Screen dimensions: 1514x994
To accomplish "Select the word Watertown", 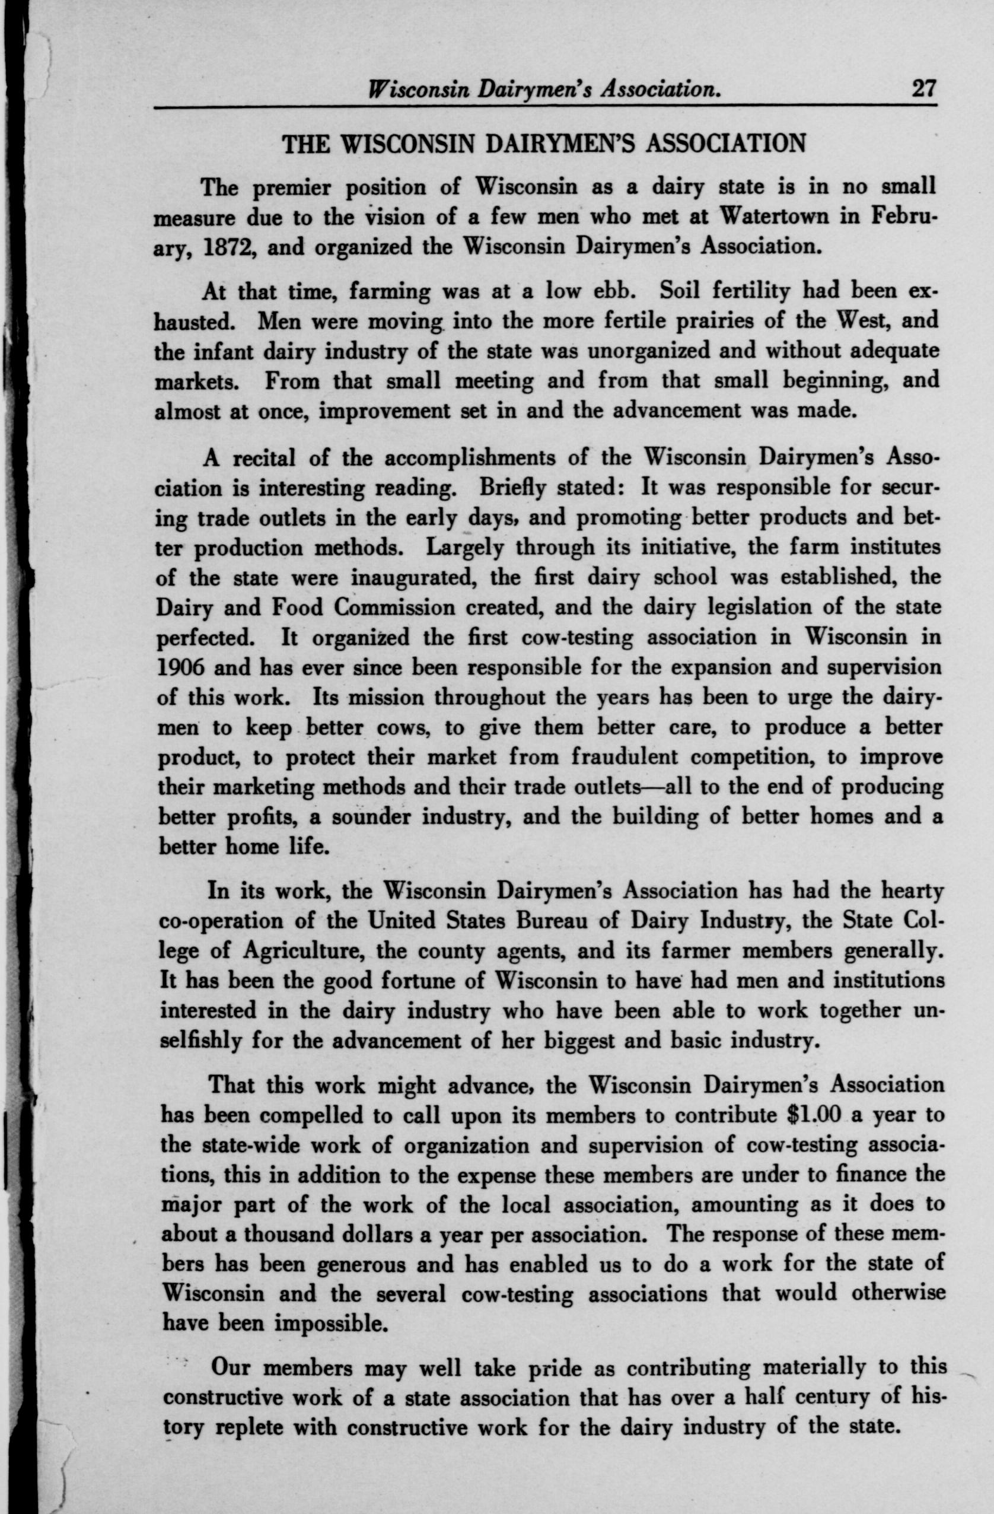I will pos(764,217).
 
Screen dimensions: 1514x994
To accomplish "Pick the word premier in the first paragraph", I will pos(291,187).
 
